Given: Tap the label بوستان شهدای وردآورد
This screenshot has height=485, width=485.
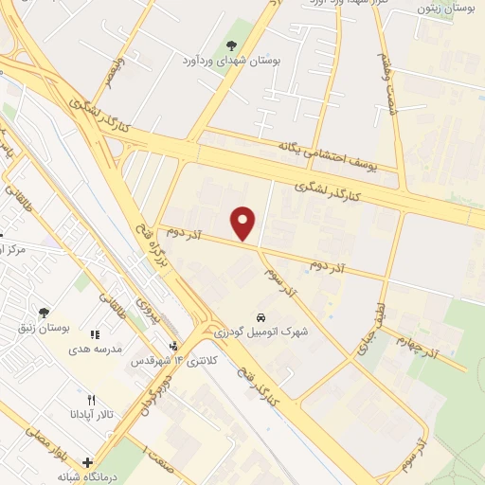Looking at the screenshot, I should click(x=232, y=61).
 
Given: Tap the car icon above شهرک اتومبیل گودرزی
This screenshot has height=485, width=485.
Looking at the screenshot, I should click(x=260, y=317).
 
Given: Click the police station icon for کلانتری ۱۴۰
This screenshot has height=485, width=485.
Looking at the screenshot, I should click(x=174, y=347).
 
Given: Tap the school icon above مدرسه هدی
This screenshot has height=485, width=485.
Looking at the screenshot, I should click(x=94, y=333).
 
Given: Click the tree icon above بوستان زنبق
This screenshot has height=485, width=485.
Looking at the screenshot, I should click(x=44, y=312).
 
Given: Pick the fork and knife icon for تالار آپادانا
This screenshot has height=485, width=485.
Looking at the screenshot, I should click(x=91, y=400).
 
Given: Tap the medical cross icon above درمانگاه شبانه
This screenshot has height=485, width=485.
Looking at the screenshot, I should click(x=88, y=464).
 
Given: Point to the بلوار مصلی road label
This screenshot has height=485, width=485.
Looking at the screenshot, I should click(x=38, y=441).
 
